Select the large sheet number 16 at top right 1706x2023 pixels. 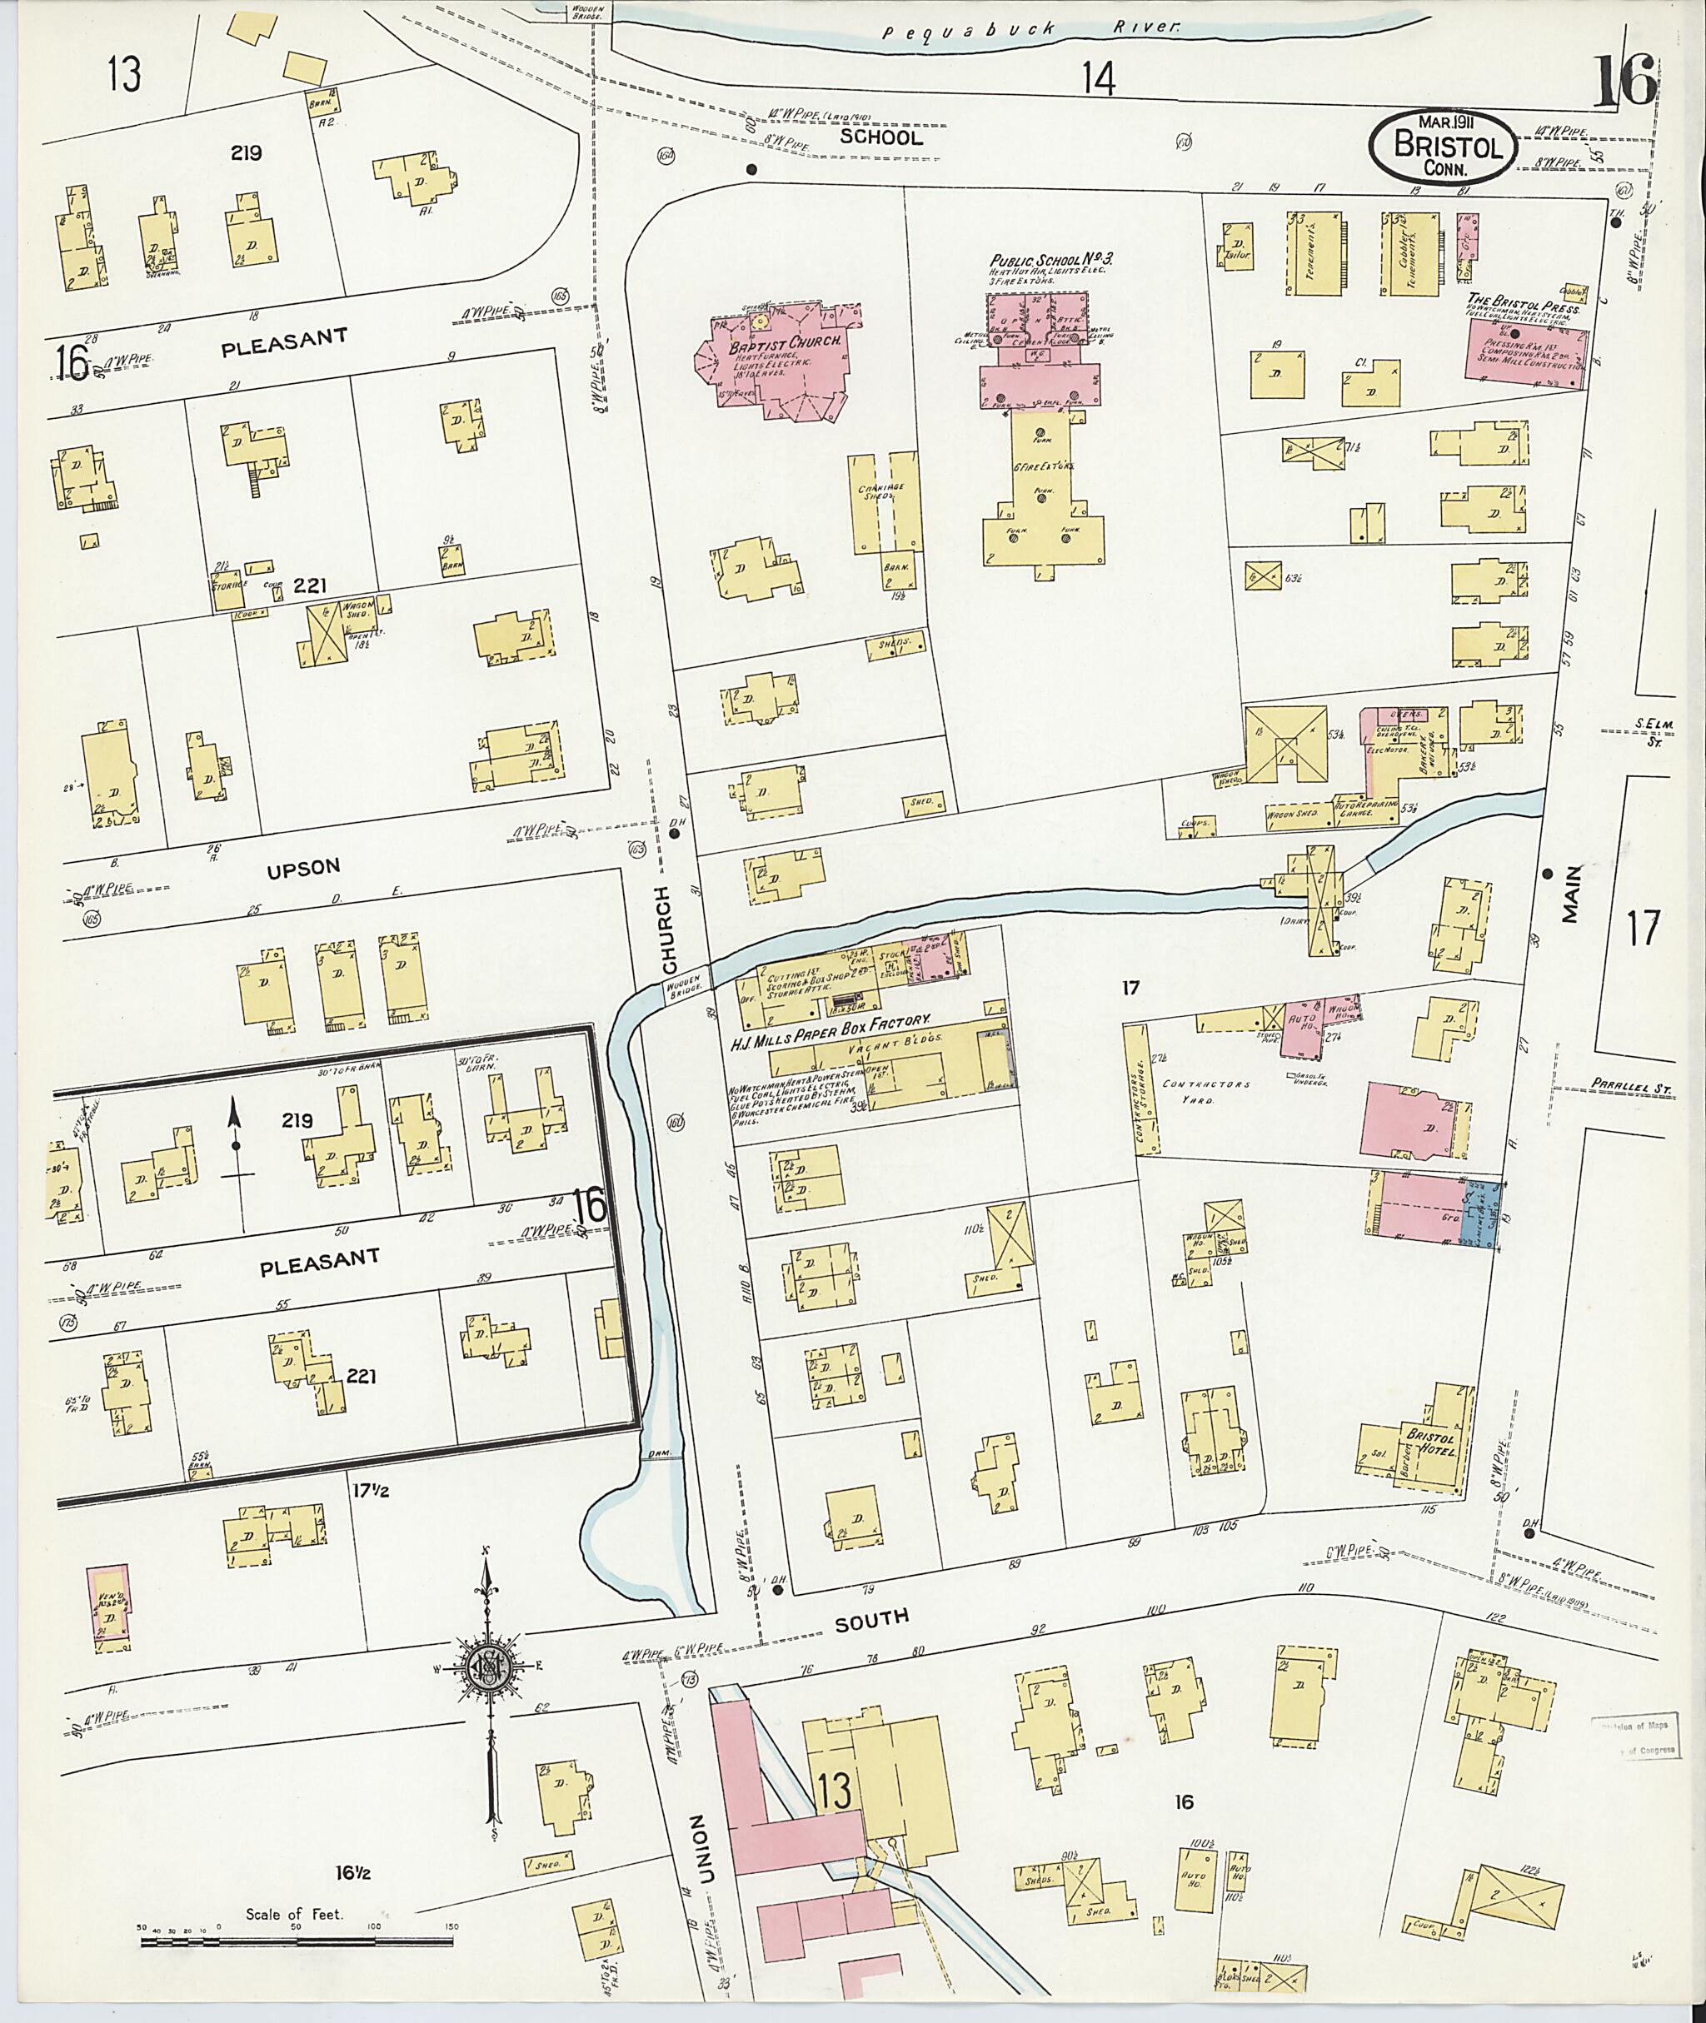point(1624,82)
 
